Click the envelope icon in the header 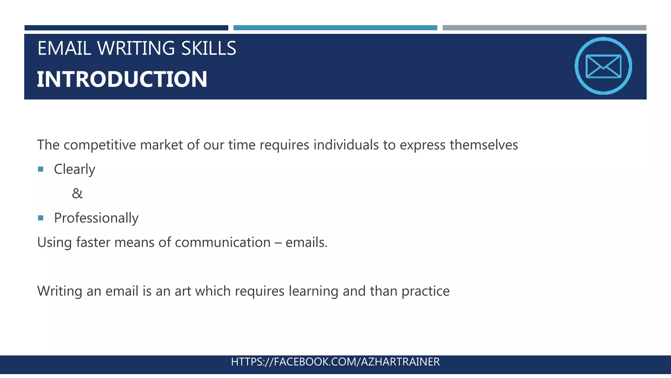click(603, 66)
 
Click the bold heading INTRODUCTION click(122, 79)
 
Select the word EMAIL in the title click(64, 48)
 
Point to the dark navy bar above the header click(126, 28)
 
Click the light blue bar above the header click(335, 28)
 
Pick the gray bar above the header click(544, 28)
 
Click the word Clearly click(74, 169)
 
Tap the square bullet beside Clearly click(41, 169)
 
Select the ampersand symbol click(77, 194)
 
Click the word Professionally click(96, 218)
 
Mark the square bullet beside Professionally click(41, 218)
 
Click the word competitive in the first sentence click(100, 145)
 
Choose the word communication click(223, 242)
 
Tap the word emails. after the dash click(306, 242)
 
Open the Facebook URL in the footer click(335, 362)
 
